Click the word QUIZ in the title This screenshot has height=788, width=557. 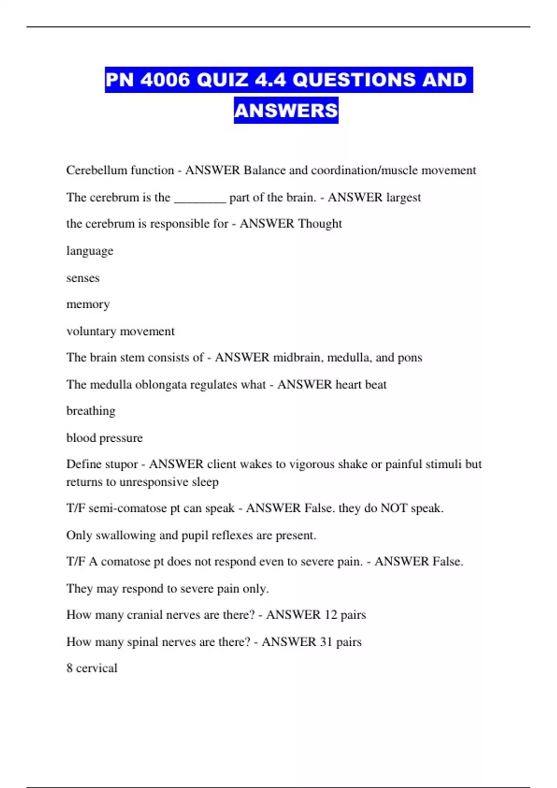coord(222,80)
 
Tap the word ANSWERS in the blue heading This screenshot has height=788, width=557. coord(286,110)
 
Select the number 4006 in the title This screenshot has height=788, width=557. coord(165,80)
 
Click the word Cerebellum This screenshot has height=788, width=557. coord(97,170)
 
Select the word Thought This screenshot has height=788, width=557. coord(320,224)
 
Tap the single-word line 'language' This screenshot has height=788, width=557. coord(90,251)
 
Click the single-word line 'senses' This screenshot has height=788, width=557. coord(83,278)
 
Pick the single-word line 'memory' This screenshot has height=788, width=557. coord(88,305)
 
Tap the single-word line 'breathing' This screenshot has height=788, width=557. coord(91,411)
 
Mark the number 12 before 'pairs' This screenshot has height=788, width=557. coord(330,615)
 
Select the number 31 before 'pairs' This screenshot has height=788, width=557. coord(326,642)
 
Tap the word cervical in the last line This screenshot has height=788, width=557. coord(97,668)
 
